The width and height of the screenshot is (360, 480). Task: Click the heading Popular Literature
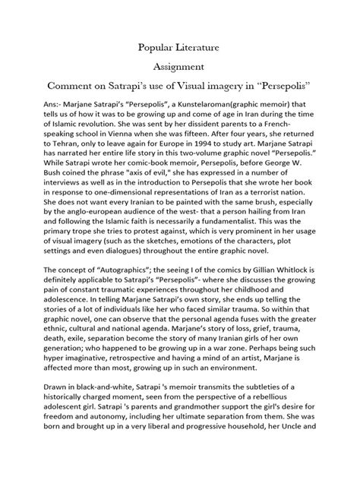[x=180, y=47]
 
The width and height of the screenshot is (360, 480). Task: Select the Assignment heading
[x=180, y=67]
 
